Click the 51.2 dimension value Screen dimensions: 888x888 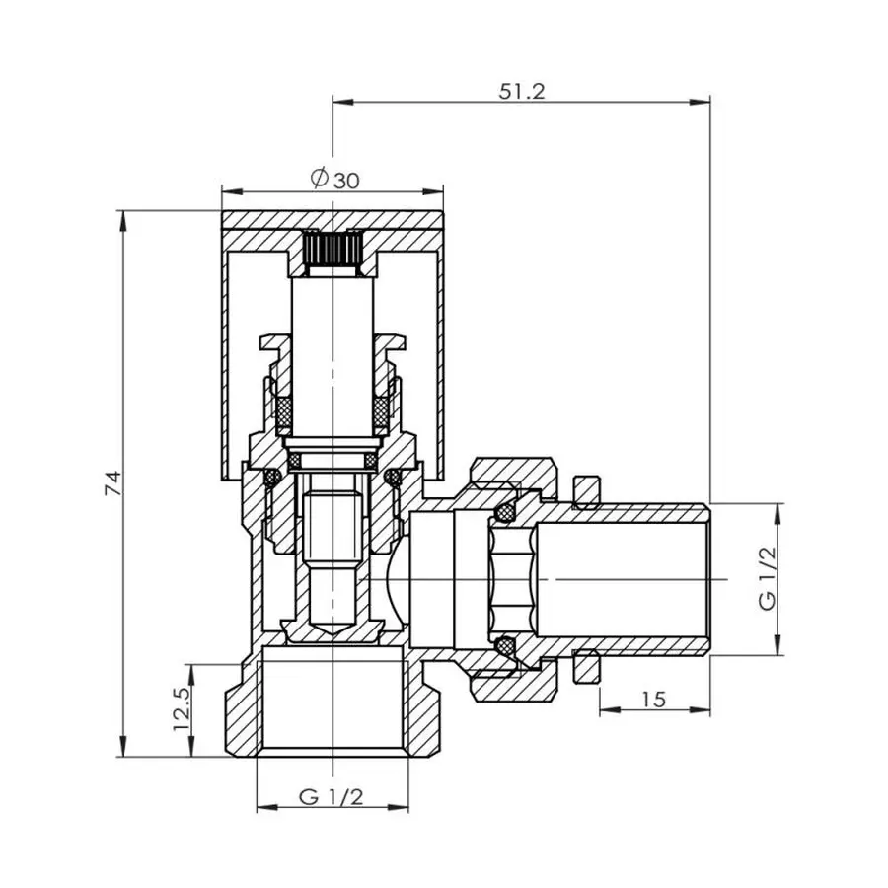coord(523,90)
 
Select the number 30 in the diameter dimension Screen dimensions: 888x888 coord(345,180)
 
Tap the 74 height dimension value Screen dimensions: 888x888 coord(114,482)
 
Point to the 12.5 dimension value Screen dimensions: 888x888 coord(182,710)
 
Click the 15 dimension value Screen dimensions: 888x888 coord(653,700)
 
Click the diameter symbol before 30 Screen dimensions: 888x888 coord(319,179)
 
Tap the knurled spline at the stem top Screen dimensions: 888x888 coord(332,250)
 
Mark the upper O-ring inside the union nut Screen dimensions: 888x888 coord(506,512)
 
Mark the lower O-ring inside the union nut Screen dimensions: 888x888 coord(506,646)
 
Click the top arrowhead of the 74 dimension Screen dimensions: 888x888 coord(124,218)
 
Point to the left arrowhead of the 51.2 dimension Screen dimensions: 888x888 coord(340,99)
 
